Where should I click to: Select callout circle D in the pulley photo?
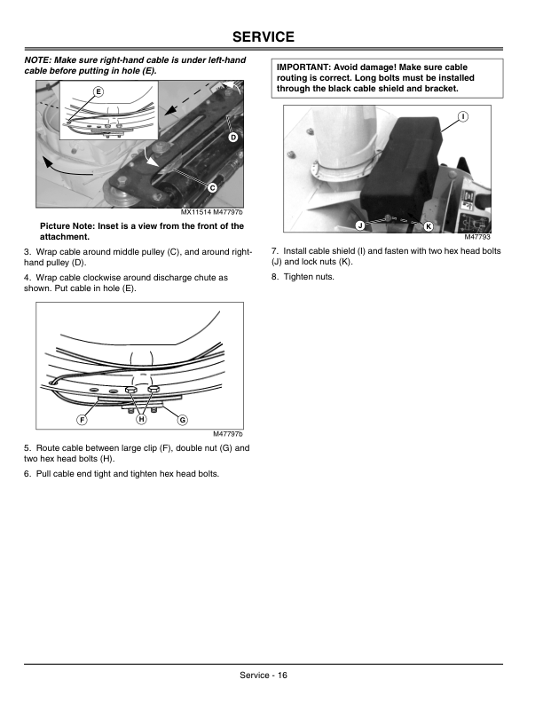232,138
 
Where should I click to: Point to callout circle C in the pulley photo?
213,187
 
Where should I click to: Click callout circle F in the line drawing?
81,419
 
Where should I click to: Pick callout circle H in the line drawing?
140,419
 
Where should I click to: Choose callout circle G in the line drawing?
183,419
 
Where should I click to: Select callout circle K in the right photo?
428,226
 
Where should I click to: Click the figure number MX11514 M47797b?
211,212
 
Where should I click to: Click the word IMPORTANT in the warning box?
307,67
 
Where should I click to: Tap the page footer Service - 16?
263,675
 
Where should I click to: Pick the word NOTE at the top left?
37,59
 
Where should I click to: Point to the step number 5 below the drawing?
28,448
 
